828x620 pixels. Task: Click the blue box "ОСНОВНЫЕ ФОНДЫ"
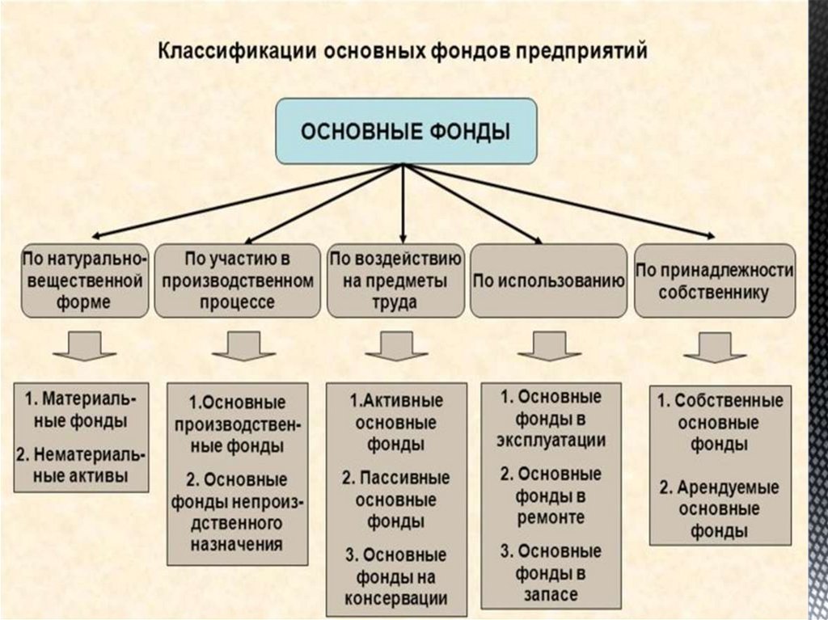406,130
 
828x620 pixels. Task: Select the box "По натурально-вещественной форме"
83,280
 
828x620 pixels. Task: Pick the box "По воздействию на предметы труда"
395,280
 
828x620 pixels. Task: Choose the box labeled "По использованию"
549,280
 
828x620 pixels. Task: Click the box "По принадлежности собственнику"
714,280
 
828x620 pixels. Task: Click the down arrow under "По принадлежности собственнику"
714,345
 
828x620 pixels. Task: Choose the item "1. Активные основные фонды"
396,422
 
